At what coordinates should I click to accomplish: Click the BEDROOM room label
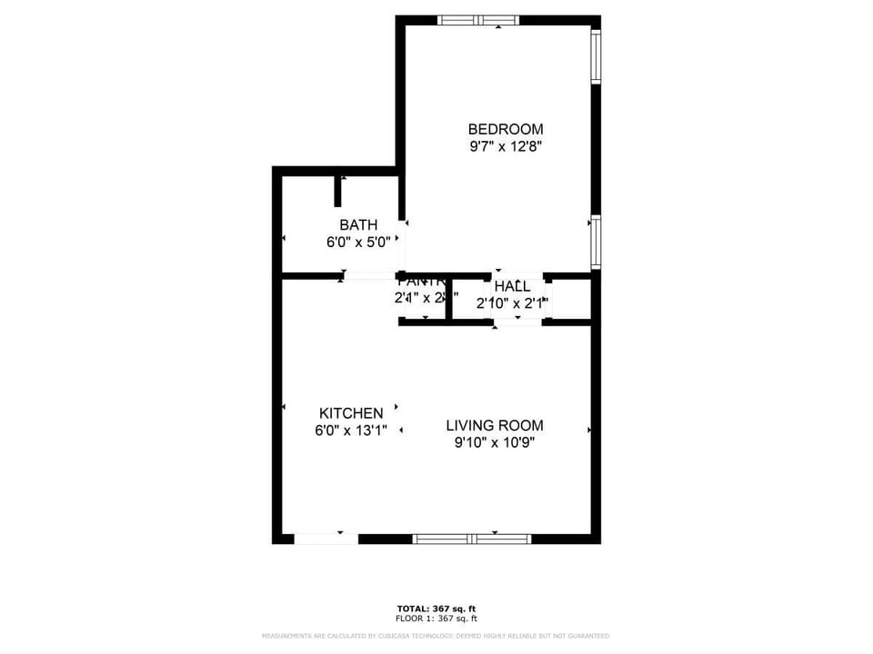[505, 129]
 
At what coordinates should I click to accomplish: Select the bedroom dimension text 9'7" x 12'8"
[505, 146]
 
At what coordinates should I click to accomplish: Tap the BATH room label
[358, 224]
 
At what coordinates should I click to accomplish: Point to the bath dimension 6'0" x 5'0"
[358, 243]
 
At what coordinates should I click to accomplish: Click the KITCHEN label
[350, 413]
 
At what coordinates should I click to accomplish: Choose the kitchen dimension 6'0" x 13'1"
[351, 431]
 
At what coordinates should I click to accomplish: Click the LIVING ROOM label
[494, 425]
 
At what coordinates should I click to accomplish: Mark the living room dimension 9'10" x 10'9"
[494, 443]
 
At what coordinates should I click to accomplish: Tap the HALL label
[512, 286]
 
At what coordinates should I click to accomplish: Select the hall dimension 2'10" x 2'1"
[512, 304]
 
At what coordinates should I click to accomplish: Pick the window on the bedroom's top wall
[478, 20]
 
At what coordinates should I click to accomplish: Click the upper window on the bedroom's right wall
[596, 56]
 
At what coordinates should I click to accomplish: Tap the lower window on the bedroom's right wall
[596, 242]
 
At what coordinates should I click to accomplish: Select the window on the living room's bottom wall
[472, 539]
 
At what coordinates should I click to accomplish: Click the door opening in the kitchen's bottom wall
[326, 539]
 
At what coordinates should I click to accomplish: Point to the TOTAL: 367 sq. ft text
[436, 609]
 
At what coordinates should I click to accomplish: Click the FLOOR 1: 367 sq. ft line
[436, 619]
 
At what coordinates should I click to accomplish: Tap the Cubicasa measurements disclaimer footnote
[436, 636]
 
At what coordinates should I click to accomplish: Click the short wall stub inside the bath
[338, 191]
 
